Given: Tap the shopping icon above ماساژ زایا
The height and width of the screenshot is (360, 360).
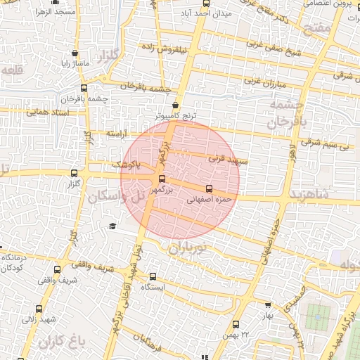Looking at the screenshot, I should [75, 53].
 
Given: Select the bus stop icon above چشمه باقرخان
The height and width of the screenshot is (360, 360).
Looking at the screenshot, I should [84, 89].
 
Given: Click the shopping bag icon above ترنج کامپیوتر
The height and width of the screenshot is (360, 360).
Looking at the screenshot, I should [175, 104].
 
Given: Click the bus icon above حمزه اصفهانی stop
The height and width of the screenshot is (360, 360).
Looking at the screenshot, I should [208, 188].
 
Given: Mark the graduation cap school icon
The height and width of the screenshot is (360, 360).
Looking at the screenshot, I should [112, 226].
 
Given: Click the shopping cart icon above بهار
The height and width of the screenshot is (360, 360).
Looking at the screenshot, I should [267, 305].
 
